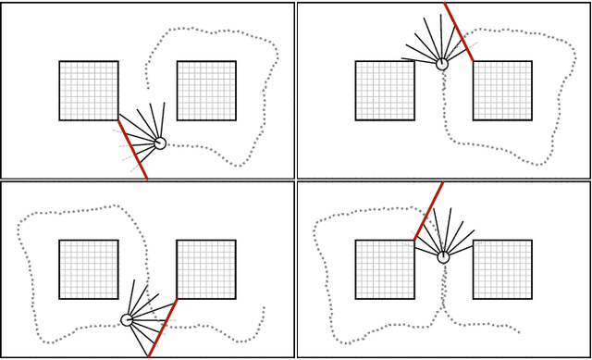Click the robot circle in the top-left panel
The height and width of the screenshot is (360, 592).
click(x=160, y=143)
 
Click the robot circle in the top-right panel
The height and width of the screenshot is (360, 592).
click(x=442, y=64)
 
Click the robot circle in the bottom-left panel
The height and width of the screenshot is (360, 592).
click(x=128, y=320)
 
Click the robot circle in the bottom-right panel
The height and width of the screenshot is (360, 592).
click(x=444, y=257)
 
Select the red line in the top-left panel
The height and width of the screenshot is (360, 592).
click(x=132, y=149)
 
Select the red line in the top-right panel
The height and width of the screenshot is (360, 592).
click(x=459, y=32)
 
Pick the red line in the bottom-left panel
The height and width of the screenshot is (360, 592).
click(x=163, y=328)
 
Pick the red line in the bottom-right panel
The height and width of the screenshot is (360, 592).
click(x=428, y=211)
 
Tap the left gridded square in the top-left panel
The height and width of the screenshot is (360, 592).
click(x=89, y=91)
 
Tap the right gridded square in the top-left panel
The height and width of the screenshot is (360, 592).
click(x=206, y=91)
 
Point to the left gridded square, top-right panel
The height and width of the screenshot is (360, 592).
click(x=385, y=91)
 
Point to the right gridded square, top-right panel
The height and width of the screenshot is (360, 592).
click(x=502, y=91)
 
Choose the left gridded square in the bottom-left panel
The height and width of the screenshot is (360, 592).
click(x=89, y=269)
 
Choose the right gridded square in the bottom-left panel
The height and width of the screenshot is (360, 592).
click(x=206, y=269)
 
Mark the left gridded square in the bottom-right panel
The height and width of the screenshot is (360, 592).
click(x=385, y=269)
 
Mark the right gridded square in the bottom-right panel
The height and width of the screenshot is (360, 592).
click(x=502, y=269)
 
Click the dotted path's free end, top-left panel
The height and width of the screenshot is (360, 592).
click(x=148, y=88)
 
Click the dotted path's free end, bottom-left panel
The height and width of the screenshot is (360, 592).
click(x=265, y=308)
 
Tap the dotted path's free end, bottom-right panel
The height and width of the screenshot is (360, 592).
click(x=519, y=332)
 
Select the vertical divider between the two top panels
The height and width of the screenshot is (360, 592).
click(x=296, y=90)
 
